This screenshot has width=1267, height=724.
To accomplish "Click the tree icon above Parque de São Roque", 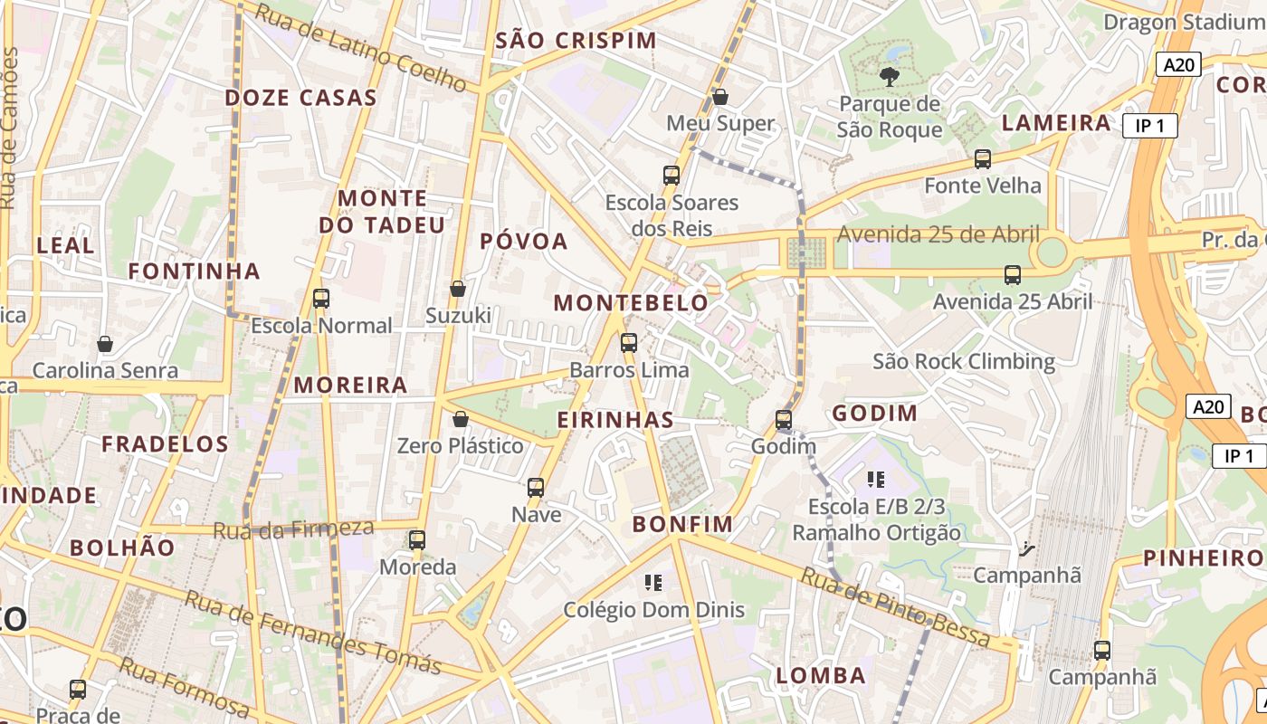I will tap(890, 77).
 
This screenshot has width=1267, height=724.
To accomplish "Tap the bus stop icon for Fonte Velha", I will tap(983, 159).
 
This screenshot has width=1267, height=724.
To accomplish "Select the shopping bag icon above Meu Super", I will tap(720, 96).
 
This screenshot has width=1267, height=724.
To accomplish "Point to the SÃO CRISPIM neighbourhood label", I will tap(576, 41).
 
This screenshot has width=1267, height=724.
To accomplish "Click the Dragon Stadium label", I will tap(1167, 22).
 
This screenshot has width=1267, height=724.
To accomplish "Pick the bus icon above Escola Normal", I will tap(320, 298).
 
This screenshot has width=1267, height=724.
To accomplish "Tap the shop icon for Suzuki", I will tap(458, 289).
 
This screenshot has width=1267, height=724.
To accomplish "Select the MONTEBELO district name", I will tap(631, 303).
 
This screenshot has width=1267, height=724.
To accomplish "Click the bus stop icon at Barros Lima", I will tap(629, 343).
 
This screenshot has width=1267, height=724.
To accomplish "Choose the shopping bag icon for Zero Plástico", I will tap(461, 419).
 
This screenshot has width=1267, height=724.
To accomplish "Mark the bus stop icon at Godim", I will tap(784, 420).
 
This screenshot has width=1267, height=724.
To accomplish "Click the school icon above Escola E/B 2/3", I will tap(875, 479).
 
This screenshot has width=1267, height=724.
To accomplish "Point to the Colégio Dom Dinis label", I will tap(654, 610).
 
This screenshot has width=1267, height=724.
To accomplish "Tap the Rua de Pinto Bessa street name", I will tap(896, 606).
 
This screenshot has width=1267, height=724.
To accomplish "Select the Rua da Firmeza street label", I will tap(293, 529).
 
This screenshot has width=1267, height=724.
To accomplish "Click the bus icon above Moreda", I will tap(417, 540).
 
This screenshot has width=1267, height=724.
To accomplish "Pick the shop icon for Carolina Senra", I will tap(105, 344).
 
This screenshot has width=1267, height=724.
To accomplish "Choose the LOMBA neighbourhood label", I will tap(821, 675).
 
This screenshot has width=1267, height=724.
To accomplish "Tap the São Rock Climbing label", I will tap(964, 362).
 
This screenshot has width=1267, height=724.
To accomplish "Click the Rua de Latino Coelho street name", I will tap(360, 47).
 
